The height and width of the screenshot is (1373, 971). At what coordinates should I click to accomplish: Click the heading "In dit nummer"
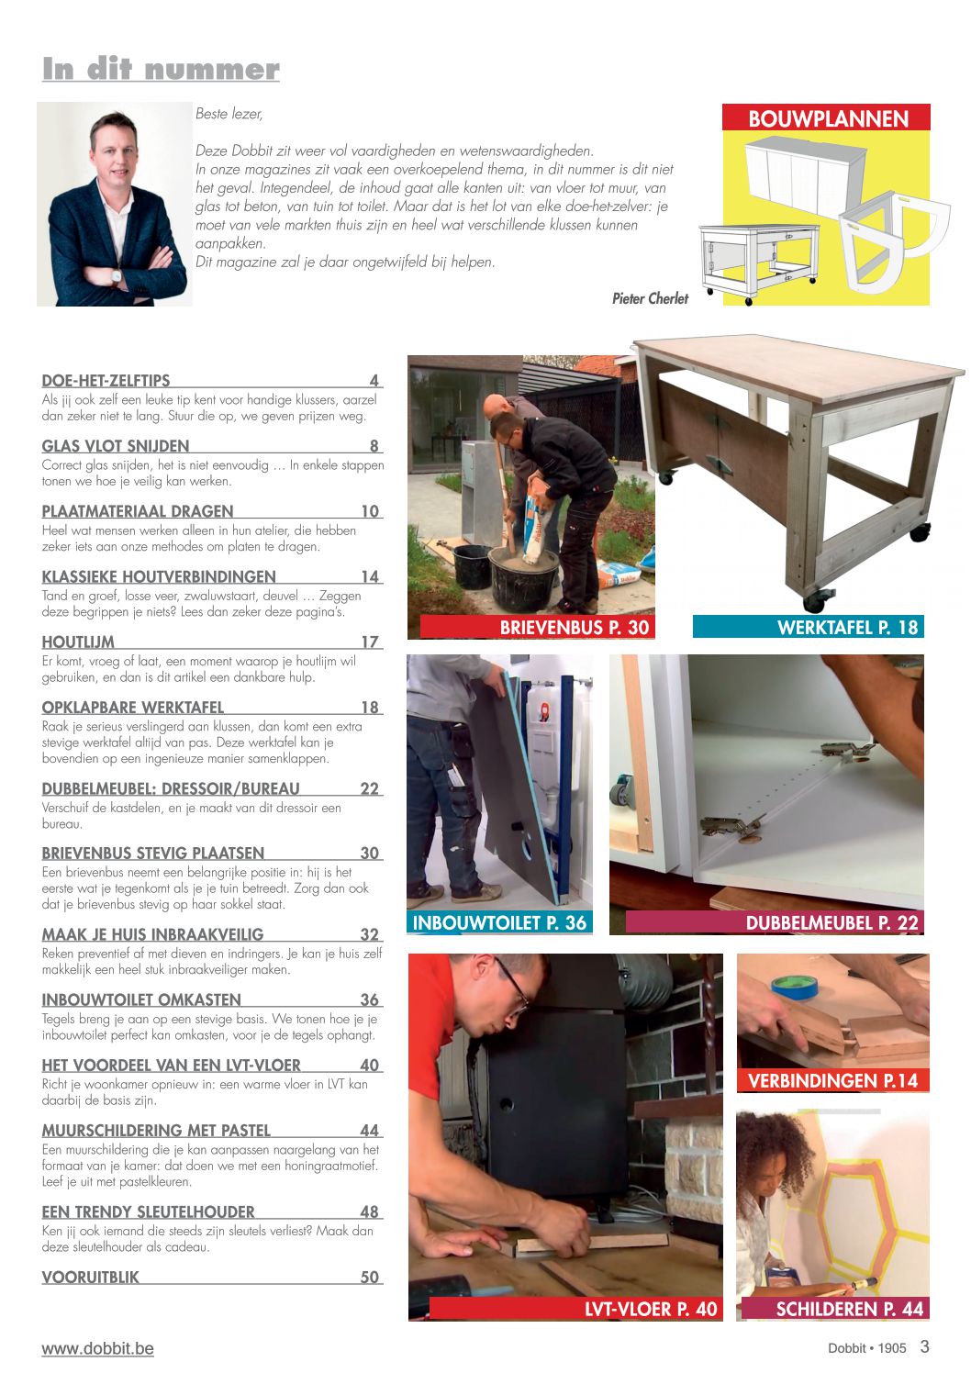point(162,69)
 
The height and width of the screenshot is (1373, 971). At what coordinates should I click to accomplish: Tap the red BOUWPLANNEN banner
point(826,117)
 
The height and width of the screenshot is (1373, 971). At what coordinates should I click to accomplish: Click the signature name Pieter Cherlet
point(650,298)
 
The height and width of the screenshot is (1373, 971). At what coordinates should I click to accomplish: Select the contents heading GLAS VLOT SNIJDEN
point(116,446)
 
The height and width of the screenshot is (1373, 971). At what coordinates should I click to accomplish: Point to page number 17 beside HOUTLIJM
point(370,642)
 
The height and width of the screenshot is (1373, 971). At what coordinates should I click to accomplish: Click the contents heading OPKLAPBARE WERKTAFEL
point(132,708)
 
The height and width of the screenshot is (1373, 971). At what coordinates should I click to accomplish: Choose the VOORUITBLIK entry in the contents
point(90,1278)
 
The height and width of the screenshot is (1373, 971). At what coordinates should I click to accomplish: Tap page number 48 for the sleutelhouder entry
point(370,1211)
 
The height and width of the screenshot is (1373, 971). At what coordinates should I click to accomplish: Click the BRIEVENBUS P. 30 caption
point(575,628)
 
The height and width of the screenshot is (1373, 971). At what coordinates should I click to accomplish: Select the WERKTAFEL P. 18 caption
point(847,628)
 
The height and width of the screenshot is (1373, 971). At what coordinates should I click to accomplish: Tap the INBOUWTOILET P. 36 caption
point(499,922)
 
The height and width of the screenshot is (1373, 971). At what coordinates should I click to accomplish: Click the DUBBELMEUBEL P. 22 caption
point(831,923)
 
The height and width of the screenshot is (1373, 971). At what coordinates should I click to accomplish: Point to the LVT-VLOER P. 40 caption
point(651,1310)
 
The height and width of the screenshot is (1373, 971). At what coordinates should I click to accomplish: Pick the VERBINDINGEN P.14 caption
point(832,1080)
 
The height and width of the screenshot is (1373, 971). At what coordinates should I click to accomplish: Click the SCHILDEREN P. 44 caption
point(850,1310)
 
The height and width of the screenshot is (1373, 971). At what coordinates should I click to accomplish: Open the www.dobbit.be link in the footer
point(97,1348)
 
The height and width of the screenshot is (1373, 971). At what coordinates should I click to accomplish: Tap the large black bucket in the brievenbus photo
point(523,577)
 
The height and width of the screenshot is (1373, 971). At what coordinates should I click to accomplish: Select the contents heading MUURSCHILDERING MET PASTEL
point(156,1131)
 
